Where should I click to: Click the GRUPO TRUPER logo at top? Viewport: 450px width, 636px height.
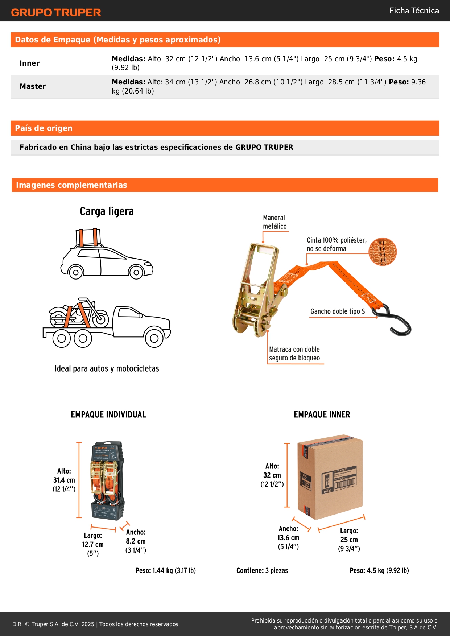[x=56, y=12]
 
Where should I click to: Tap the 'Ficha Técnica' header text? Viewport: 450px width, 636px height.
[x=414, y=11]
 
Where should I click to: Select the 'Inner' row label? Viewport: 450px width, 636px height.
[x=29, y=63]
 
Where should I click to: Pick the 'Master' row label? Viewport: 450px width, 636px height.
[x=33, y=86]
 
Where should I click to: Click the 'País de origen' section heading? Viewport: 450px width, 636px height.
[x=44, y=128]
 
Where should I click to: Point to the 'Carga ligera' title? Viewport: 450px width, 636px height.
[x=107, y=211]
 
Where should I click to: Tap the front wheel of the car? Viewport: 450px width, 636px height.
[x=136, y=272]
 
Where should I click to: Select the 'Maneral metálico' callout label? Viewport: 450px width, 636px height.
[x=274, y=222]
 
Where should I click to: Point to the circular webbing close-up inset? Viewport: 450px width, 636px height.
[x=383, y=252]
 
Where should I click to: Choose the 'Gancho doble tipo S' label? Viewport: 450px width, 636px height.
[x=337, y=311]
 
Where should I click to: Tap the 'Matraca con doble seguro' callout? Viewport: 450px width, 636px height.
[x=294, y=354]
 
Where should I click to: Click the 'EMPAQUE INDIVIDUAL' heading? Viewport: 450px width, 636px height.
[x=108, y=414]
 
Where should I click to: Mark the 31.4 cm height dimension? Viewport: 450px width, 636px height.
[x=64, y=480]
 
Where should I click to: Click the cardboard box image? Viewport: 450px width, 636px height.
[x=330, y=476]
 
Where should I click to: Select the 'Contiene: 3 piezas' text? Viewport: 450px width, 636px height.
[x=262, y=570]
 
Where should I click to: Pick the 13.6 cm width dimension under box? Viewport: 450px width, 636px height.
[x=288, y=538]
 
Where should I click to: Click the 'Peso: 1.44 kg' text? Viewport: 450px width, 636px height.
[x=165, y=570]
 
